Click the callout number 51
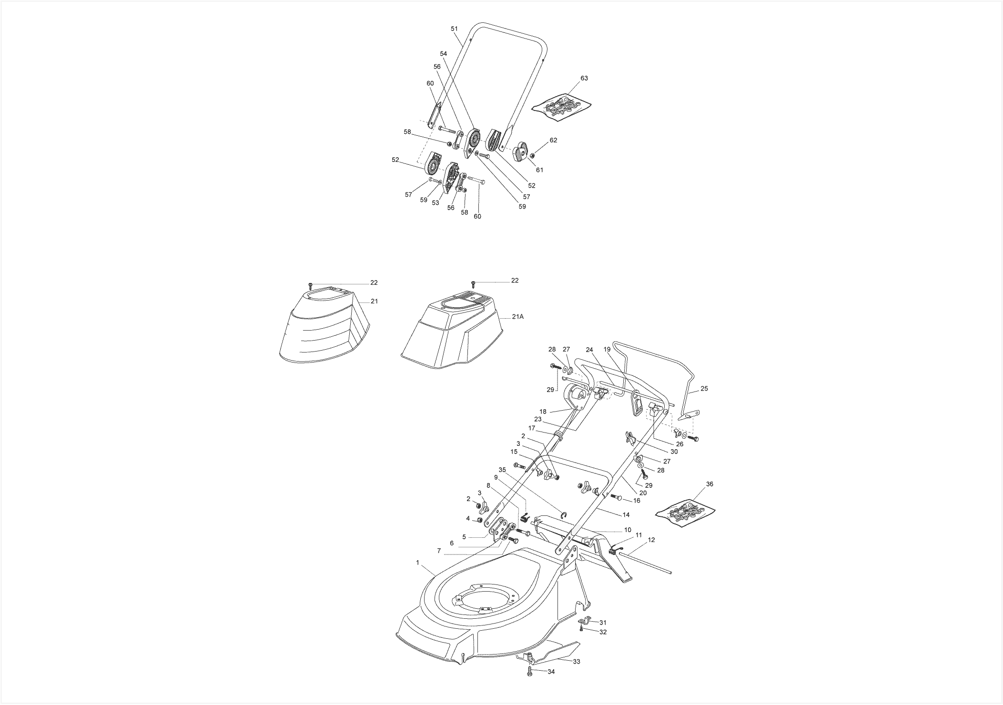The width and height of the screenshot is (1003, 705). pos(455,29)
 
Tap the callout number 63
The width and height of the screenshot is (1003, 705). pos(584,78)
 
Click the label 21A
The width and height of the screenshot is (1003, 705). pos(518,317)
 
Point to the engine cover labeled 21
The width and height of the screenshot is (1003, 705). pos(324,326)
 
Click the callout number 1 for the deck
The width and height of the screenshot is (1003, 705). pos(417,563)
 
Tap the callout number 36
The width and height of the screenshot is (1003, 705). pos(709,484)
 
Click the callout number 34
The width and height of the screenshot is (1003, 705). pos(551,672)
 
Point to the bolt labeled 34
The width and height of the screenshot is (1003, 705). pos(529,671)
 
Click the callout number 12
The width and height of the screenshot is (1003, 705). pos(652,540)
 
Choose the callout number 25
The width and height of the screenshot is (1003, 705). pos(704,389)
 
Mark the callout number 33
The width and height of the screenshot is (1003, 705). pos(577,662)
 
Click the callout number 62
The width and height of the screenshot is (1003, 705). pos(553,141)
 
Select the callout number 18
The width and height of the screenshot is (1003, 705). pos(543,412)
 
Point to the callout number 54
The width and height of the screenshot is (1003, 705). pos(444,53)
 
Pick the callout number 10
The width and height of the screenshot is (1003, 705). pos(628,530)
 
